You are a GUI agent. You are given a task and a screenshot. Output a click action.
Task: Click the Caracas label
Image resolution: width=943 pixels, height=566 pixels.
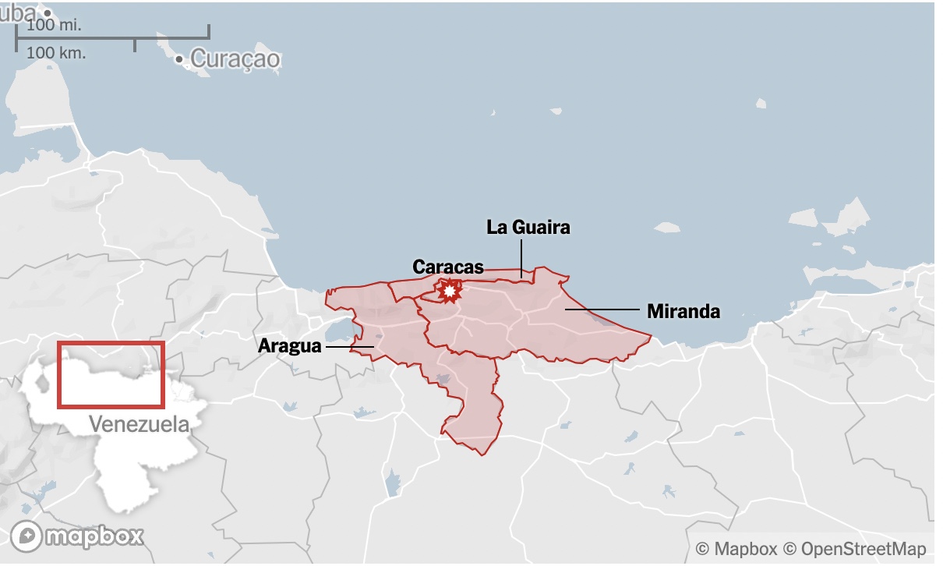(x=447, y=267)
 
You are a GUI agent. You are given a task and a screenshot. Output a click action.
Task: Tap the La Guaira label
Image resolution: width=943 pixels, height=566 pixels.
(x=528, y=228)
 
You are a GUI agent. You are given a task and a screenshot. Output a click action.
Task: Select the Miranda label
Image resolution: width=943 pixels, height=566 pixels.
(x=683, y=312)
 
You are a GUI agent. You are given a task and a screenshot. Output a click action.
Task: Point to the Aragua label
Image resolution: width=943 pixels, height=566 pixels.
(x=289, y=345)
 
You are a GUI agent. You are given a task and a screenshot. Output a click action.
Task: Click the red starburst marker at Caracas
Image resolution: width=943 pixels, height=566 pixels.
(x=449, y=291)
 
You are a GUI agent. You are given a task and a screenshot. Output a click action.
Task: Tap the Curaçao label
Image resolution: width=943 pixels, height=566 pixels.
(x=235, y=58)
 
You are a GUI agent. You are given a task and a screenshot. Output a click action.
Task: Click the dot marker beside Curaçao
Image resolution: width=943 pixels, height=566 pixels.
(x=180, y=59)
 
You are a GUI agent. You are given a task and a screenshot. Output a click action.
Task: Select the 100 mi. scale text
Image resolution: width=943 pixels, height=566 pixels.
(x=54, y=25)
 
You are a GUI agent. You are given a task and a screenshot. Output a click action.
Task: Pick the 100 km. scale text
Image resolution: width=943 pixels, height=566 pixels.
(x=56, y=53)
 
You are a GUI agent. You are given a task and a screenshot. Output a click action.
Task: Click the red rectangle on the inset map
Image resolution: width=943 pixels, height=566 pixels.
(x=111, y=374)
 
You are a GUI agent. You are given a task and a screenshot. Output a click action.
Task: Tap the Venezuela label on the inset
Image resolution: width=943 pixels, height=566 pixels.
(x=139, y=425)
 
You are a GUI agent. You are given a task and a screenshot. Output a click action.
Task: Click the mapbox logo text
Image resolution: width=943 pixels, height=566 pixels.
(x=94, y=536)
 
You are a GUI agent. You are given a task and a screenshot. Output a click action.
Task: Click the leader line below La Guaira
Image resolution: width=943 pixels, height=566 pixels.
(x=521, y=257)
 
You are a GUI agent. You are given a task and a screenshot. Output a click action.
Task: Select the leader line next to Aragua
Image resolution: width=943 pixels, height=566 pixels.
(x=349, y=346)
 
